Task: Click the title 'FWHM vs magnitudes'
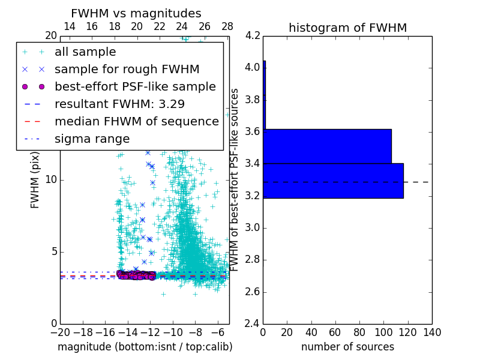tap(136, 13)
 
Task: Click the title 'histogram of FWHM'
tap(347, 28)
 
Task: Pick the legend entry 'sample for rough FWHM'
tap(127, 69)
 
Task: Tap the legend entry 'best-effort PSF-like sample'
tap(135, 86)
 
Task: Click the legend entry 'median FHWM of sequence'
tap(136, 121)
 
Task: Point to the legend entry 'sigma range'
tap(92, 139)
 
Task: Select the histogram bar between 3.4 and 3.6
tap(327, 146)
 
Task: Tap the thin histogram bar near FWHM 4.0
tap(264, 95)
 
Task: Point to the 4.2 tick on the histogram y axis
tap(253, 35)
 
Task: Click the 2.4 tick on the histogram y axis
tap(253, 324)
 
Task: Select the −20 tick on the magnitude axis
tap(60, 332)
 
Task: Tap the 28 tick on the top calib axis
tap(227, 26)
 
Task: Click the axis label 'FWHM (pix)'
tap(35, 180)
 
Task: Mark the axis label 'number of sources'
tap(347, 347)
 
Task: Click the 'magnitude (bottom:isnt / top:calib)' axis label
tap(145, 347)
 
